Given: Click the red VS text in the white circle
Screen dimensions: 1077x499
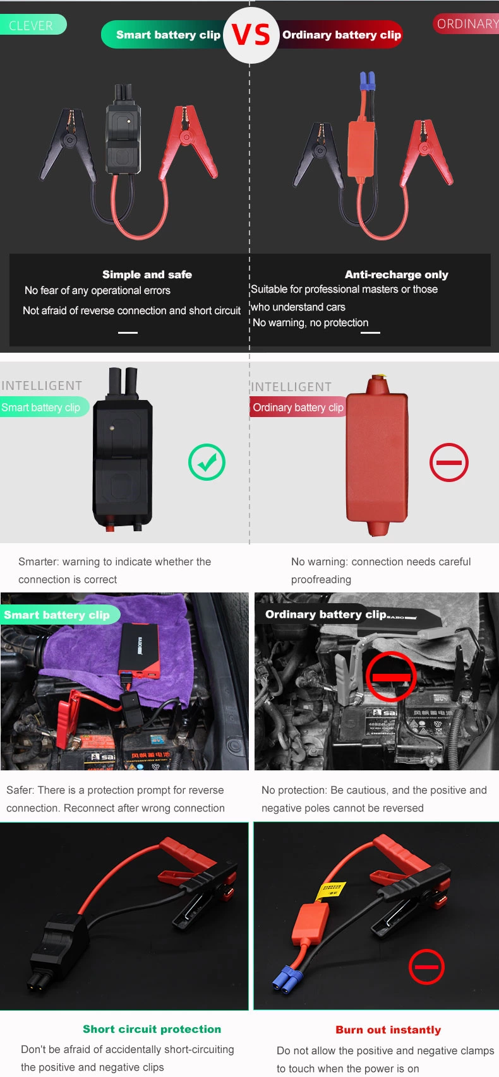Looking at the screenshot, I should [x=251, y=35].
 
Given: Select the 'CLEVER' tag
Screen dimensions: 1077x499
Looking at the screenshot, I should [x=32, y=25].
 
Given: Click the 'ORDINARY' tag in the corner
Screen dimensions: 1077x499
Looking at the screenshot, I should [x=467, y=24].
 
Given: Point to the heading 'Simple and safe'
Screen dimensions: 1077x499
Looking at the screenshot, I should [x=147, y=274].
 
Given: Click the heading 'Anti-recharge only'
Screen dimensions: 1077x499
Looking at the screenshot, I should [x=396, y=274].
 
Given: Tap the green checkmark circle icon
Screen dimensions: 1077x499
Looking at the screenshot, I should [x=207, y=462].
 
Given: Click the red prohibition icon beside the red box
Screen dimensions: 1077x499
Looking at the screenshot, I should [x=448, y=462].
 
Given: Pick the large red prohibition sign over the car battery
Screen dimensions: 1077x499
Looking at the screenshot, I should [x=391, y=676].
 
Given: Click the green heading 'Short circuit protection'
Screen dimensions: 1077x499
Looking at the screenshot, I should [x=152, y=1029].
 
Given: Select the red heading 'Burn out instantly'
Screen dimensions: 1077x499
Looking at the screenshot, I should [x=388, y=1030].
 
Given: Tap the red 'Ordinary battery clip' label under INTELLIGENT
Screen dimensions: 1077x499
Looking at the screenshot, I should [x=298, y=408].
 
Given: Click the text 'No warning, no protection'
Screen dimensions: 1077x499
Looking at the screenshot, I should [x=310, y=323].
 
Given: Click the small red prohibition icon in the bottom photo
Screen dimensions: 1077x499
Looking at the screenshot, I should [x=426, y=967].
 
